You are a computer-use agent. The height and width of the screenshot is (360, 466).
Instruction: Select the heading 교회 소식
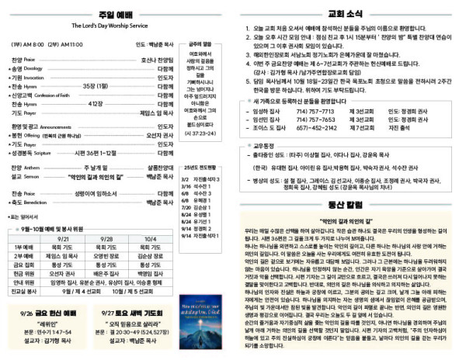click(347, 13)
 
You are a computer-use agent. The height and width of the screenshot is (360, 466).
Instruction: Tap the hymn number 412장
click(96, 103)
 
